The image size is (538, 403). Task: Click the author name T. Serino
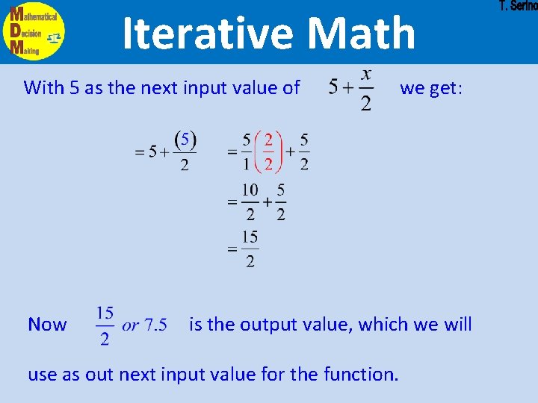click(518, 6)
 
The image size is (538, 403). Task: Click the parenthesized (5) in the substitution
click(185, 140)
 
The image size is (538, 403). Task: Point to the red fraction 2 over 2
click(268, 151)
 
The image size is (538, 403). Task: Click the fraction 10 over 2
click(250, 202)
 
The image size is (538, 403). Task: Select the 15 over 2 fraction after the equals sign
click(250, 249)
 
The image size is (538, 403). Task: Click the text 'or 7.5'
click(145, 325)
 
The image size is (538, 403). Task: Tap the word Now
click(47, 325)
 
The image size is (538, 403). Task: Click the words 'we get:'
click(431, 88)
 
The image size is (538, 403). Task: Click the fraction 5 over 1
click(247, 151)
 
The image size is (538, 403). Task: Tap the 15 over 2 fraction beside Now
click(105, 325)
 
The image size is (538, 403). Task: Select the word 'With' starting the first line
click(44, 88)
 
